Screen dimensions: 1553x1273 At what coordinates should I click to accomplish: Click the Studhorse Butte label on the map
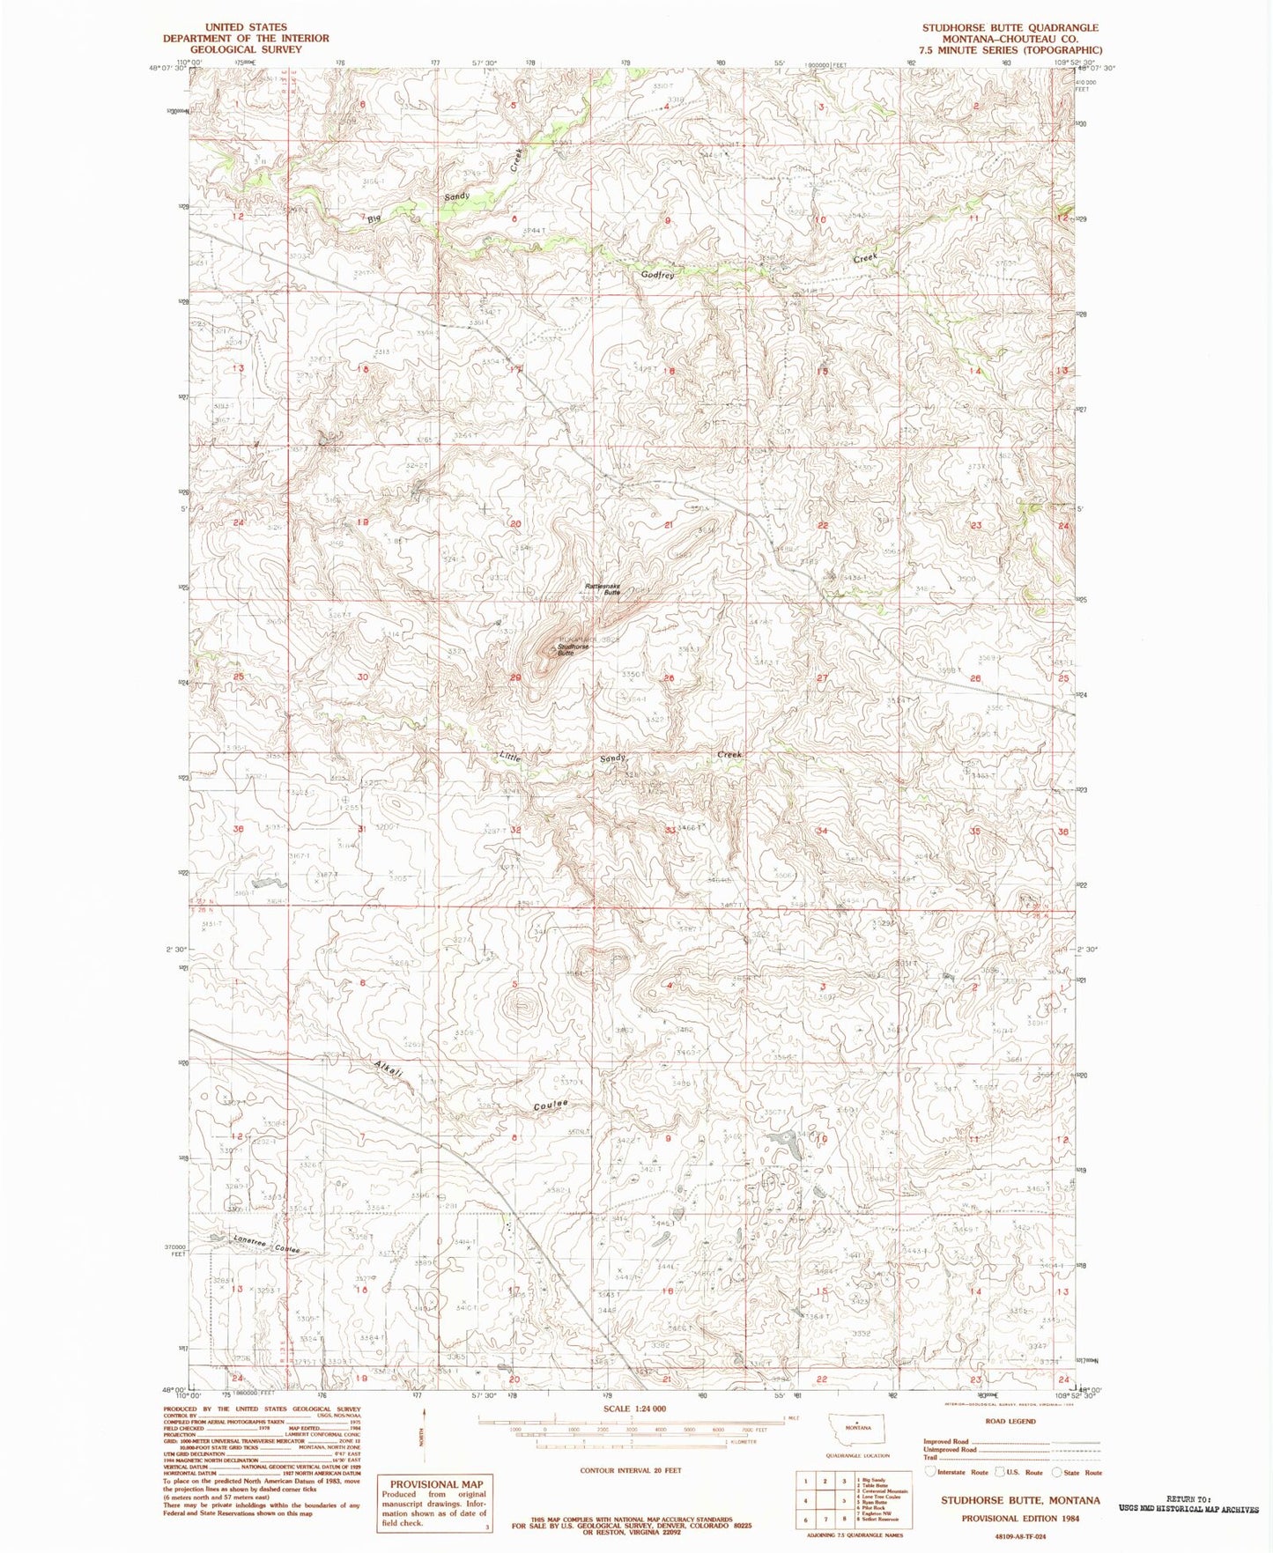(x=573, y=649)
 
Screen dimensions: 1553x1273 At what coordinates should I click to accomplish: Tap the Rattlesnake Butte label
(x=603, y=589)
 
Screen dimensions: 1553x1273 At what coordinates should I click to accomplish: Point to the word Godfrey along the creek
(x=657, y=275)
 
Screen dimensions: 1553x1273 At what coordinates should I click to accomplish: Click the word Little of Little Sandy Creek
(x=510, y=757)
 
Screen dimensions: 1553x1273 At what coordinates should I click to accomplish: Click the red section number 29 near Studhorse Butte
(x=515, y=677)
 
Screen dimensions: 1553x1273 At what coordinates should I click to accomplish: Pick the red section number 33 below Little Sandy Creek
(x=670, y=830)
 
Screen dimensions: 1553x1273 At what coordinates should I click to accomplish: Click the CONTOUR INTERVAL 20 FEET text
(x=630, y=1470)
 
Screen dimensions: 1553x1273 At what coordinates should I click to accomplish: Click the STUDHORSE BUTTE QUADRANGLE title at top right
(x=1010, y=28)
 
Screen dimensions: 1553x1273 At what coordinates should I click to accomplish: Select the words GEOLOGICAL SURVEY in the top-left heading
(x=246, y=49)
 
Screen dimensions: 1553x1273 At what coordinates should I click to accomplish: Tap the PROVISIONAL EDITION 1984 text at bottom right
(x=1019, y=1519)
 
